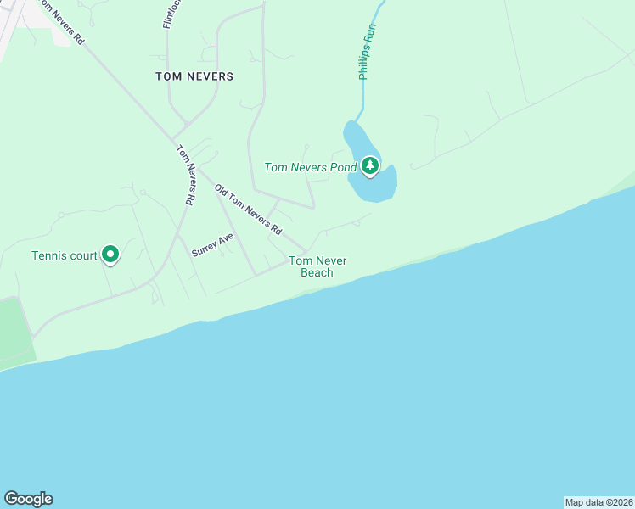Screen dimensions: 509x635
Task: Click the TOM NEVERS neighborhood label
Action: [x=194, y=76]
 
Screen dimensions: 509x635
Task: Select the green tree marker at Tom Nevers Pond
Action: [x=369, y=165]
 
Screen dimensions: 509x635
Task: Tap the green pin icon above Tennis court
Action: [x=110, y=253]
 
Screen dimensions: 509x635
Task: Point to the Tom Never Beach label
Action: [x=317, y=266]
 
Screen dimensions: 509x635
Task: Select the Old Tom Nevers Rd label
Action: [x=247, y=209]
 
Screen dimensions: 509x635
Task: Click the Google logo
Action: [x=28, y=499]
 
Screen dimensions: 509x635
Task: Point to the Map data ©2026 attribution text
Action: [x=598, y=501]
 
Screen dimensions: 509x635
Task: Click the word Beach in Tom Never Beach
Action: [x=317, y=272]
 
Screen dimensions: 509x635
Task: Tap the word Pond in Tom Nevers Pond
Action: [x=344, y=167]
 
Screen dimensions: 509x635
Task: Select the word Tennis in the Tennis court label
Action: [x=50, y=255]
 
